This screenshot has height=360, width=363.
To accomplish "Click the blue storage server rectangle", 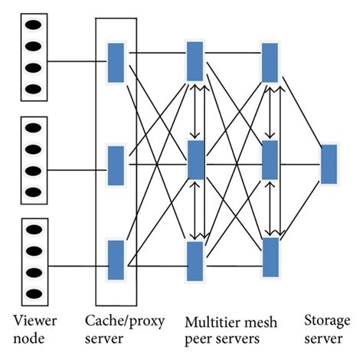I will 329,163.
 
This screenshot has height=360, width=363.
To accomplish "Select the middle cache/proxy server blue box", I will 116,162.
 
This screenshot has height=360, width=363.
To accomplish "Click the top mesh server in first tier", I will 195,60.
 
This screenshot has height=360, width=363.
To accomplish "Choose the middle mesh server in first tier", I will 195,159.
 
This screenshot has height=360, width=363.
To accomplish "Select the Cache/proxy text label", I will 116,319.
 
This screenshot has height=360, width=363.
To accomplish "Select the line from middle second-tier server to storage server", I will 300,162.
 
